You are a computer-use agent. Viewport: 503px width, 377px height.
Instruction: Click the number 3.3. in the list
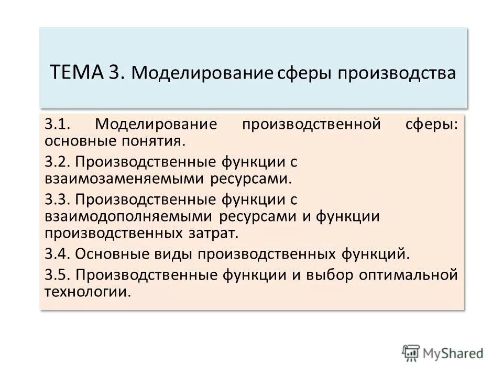point(58,199)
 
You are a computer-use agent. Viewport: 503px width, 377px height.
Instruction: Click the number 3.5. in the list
point(58,275)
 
